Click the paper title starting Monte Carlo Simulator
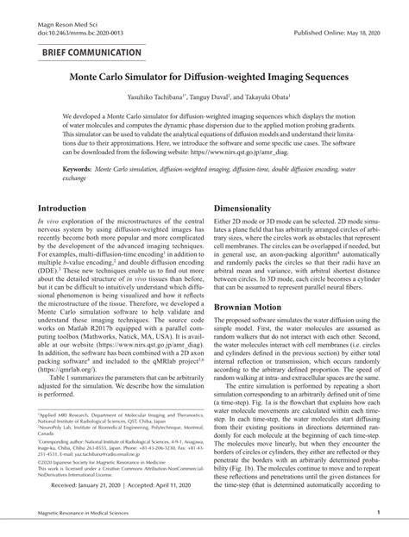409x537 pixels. point(204,77)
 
